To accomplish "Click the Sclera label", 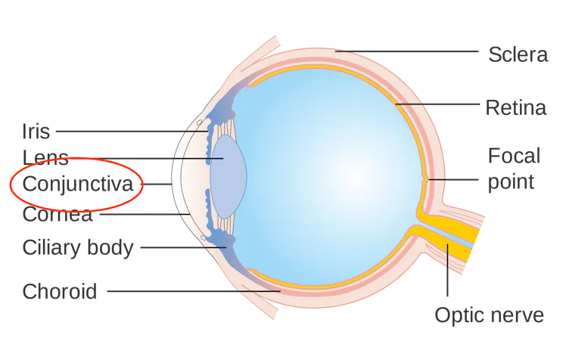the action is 518,54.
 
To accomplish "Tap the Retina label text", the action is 516,108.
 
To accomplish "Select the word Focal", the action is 514,156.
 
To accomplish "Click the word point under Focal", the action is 511,182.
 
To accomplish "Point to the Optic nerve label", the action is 489,315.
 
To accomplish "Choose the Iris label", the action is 36,131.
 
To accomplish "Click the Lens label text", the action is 45,157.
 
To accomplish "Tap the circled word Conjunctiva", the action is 78,185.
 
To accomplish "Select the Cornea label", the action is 58,214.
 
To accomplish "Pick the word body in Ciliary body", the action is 110,248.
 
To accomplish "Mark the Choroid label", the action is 60,291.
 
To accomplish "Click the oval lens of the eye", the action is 228,177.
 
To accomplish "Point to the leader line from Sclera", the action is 407,51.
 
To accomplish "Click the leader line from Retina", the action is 437,104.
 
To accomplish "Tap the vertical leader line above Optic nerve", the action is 448,270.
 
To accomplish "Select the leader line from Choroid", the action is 194,291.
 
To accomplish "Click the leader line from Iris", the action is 132,132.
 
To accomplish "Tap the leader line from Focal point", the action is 453,179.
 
